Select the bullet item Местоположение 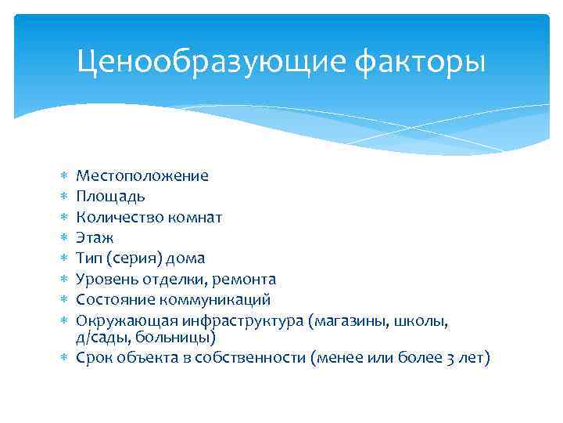(x=142, y=175)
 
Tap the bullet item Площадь (x=110, y=196)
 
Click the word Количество (x=115, y=216)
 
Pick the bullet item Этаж (x=95, y=237)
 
